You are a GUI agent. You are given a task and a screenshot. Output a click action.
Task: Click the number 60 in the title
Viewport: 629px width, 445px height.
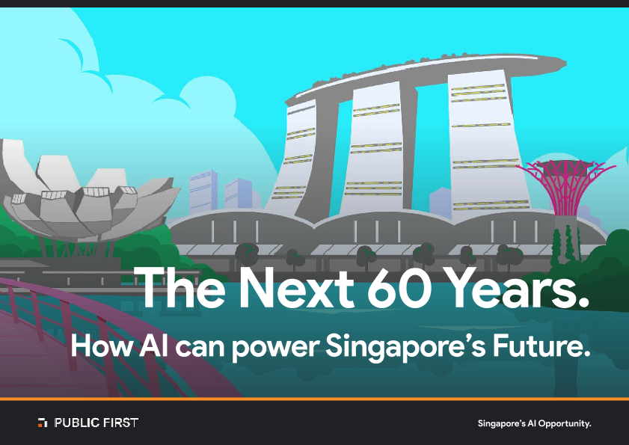[x=399, y=288]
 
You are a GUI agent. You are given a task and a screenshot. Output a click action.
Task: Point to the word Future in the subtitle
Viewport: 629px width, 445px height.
[x=541, y=346]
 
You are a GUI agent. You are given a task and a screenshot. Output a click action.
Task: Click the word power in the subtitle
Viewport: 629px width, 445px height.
[x=276, y=348]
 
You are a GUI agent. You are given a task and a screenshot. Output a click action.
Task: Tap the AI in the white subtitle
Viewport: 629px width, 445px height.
[x=153, y=346]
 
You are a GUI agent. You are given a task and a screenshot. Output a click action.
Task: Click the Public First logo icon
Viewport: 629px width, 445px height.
[x=43, y=423]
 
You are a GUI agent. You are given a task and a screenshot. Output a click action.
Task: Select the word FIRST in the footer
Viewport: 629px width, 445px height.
[x=120, y=423]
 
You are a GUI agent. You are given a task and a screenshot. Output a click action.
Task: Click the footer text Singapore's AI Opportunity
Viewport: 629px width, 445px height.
[x=534, y=423]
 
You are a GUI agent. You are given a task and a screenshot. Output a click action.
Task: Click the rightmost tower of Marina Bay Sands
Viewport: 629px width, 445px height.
[x=486, y=144]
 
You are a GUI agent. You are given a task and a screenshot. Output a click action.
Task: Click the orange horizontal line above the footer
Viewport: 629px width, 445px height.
[x=314, y=399]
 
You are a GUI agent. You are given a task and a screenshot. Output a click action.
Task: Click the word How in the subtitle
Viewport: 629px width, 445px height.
[x=102, y=346]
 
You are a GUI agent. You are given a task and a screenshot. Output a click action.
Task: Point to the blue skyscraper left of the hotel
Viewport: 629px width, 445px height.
[x=203, y=191]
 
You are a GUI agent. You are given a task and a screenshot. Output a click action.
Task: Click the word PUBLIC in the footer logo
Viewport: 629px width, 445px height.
[x=77, y=423]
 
